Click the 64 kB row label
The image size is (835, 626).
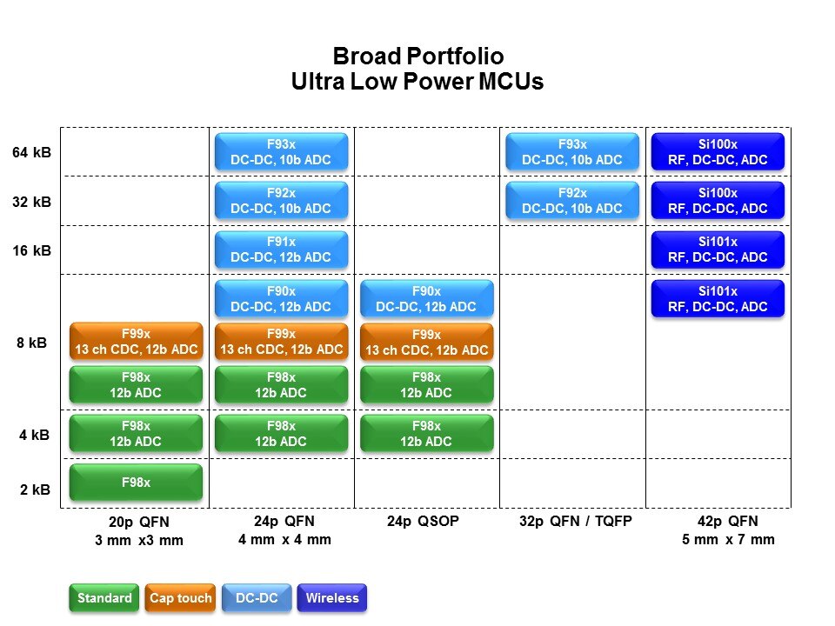[x=31, y=152]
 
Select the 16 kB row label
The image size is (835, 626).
[x=31, y=250]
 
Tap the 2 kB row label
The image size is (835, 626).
[x=35, y=489]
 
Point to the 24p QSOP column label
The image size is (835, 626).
[x=423, y=521]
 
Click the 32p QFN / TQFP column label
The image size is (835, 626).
[x=576, y=521]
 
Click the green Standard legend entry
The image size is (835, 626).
[x=104, y=598]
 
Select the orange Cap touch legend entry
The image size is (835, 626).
[x=181, y=598]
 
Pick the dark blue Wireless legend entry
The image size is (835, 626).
[x=332, y=598]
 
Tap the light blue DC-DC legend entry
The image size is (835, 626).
[x=257, y=598]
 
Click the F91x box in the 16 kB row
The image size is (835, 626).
[x=281, y=250]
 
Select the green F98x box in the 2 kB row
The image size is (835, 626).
[x=136, y=483]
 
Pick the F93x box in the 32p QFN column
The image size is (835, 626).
[x=572, y=151]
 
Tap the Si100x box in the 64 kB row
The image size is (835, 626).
[x=718, y=151]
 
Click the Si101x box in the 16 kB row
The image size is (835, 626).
[x=718, y=250]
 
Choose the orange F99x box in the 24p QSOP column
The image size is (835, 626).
[x=426, y=343]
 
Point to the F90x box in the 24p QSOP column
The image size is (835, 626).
[x=426, y=298]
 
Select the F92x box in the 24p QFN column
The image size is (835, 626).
[x=281, y=201]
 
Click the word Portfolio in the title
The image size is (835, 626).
[x=455, y=56]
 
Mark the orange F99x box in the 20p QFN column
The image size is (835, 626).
[x=136, y=342]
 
